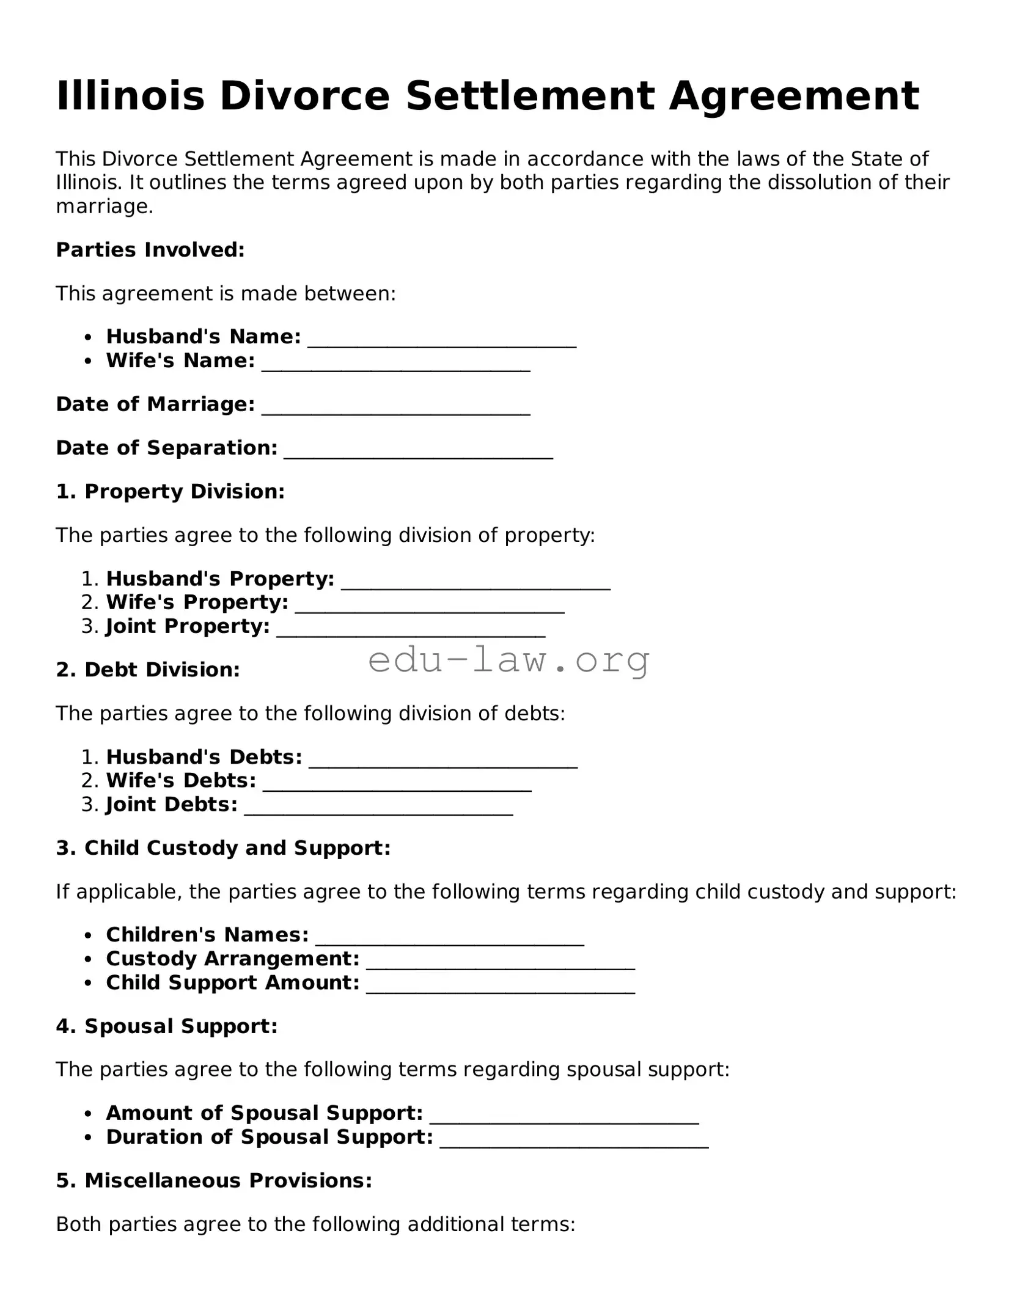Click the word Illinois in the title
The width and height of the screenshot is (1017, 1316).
pos(130,96)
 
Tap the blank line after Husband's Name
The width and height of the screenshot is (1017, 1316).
pos(442,340)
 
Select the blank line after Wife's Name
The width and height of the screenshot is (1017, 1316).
pos(395,364)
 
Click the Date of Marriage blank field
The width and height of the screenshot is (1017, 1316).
pos(395,408)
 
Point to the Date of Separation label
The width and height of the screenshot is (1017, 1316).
pos(166,448)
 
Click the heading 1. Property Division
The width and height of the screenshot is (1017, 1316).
pos(170,492)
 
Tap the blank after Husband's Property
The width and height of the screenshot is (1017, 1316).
pos(475,582)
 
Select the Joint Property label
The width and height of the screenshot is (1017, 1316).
pos(188,626)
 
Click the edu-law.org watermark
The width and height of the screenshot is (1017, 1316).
pos(508,660)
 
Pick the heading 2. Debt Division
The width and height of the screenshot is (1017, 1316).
pos(147,670)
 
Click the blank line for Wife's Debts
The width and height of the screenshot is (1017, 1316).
pos(397,784)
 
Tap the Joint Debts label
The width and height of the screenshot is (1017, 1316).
pos(172,805)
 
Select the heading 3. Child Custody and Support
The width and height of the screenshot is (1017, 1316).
pos(223,848)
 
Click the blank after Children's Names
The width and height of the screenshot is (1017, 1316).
pos(449,938)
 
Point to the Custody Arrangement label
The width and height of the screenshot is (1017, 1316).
pos(232,959)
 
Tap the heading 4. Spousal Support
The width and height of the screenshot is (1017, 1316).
pos(166,1026)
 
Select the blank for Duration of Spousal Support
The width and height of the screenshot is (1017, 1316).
pos(574,1140)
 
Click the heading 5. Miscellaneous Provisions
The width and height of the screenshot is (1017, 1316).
pos(214,1180)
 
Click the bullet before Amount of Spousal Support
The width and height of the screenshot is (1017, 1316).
pos(89,1114)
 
